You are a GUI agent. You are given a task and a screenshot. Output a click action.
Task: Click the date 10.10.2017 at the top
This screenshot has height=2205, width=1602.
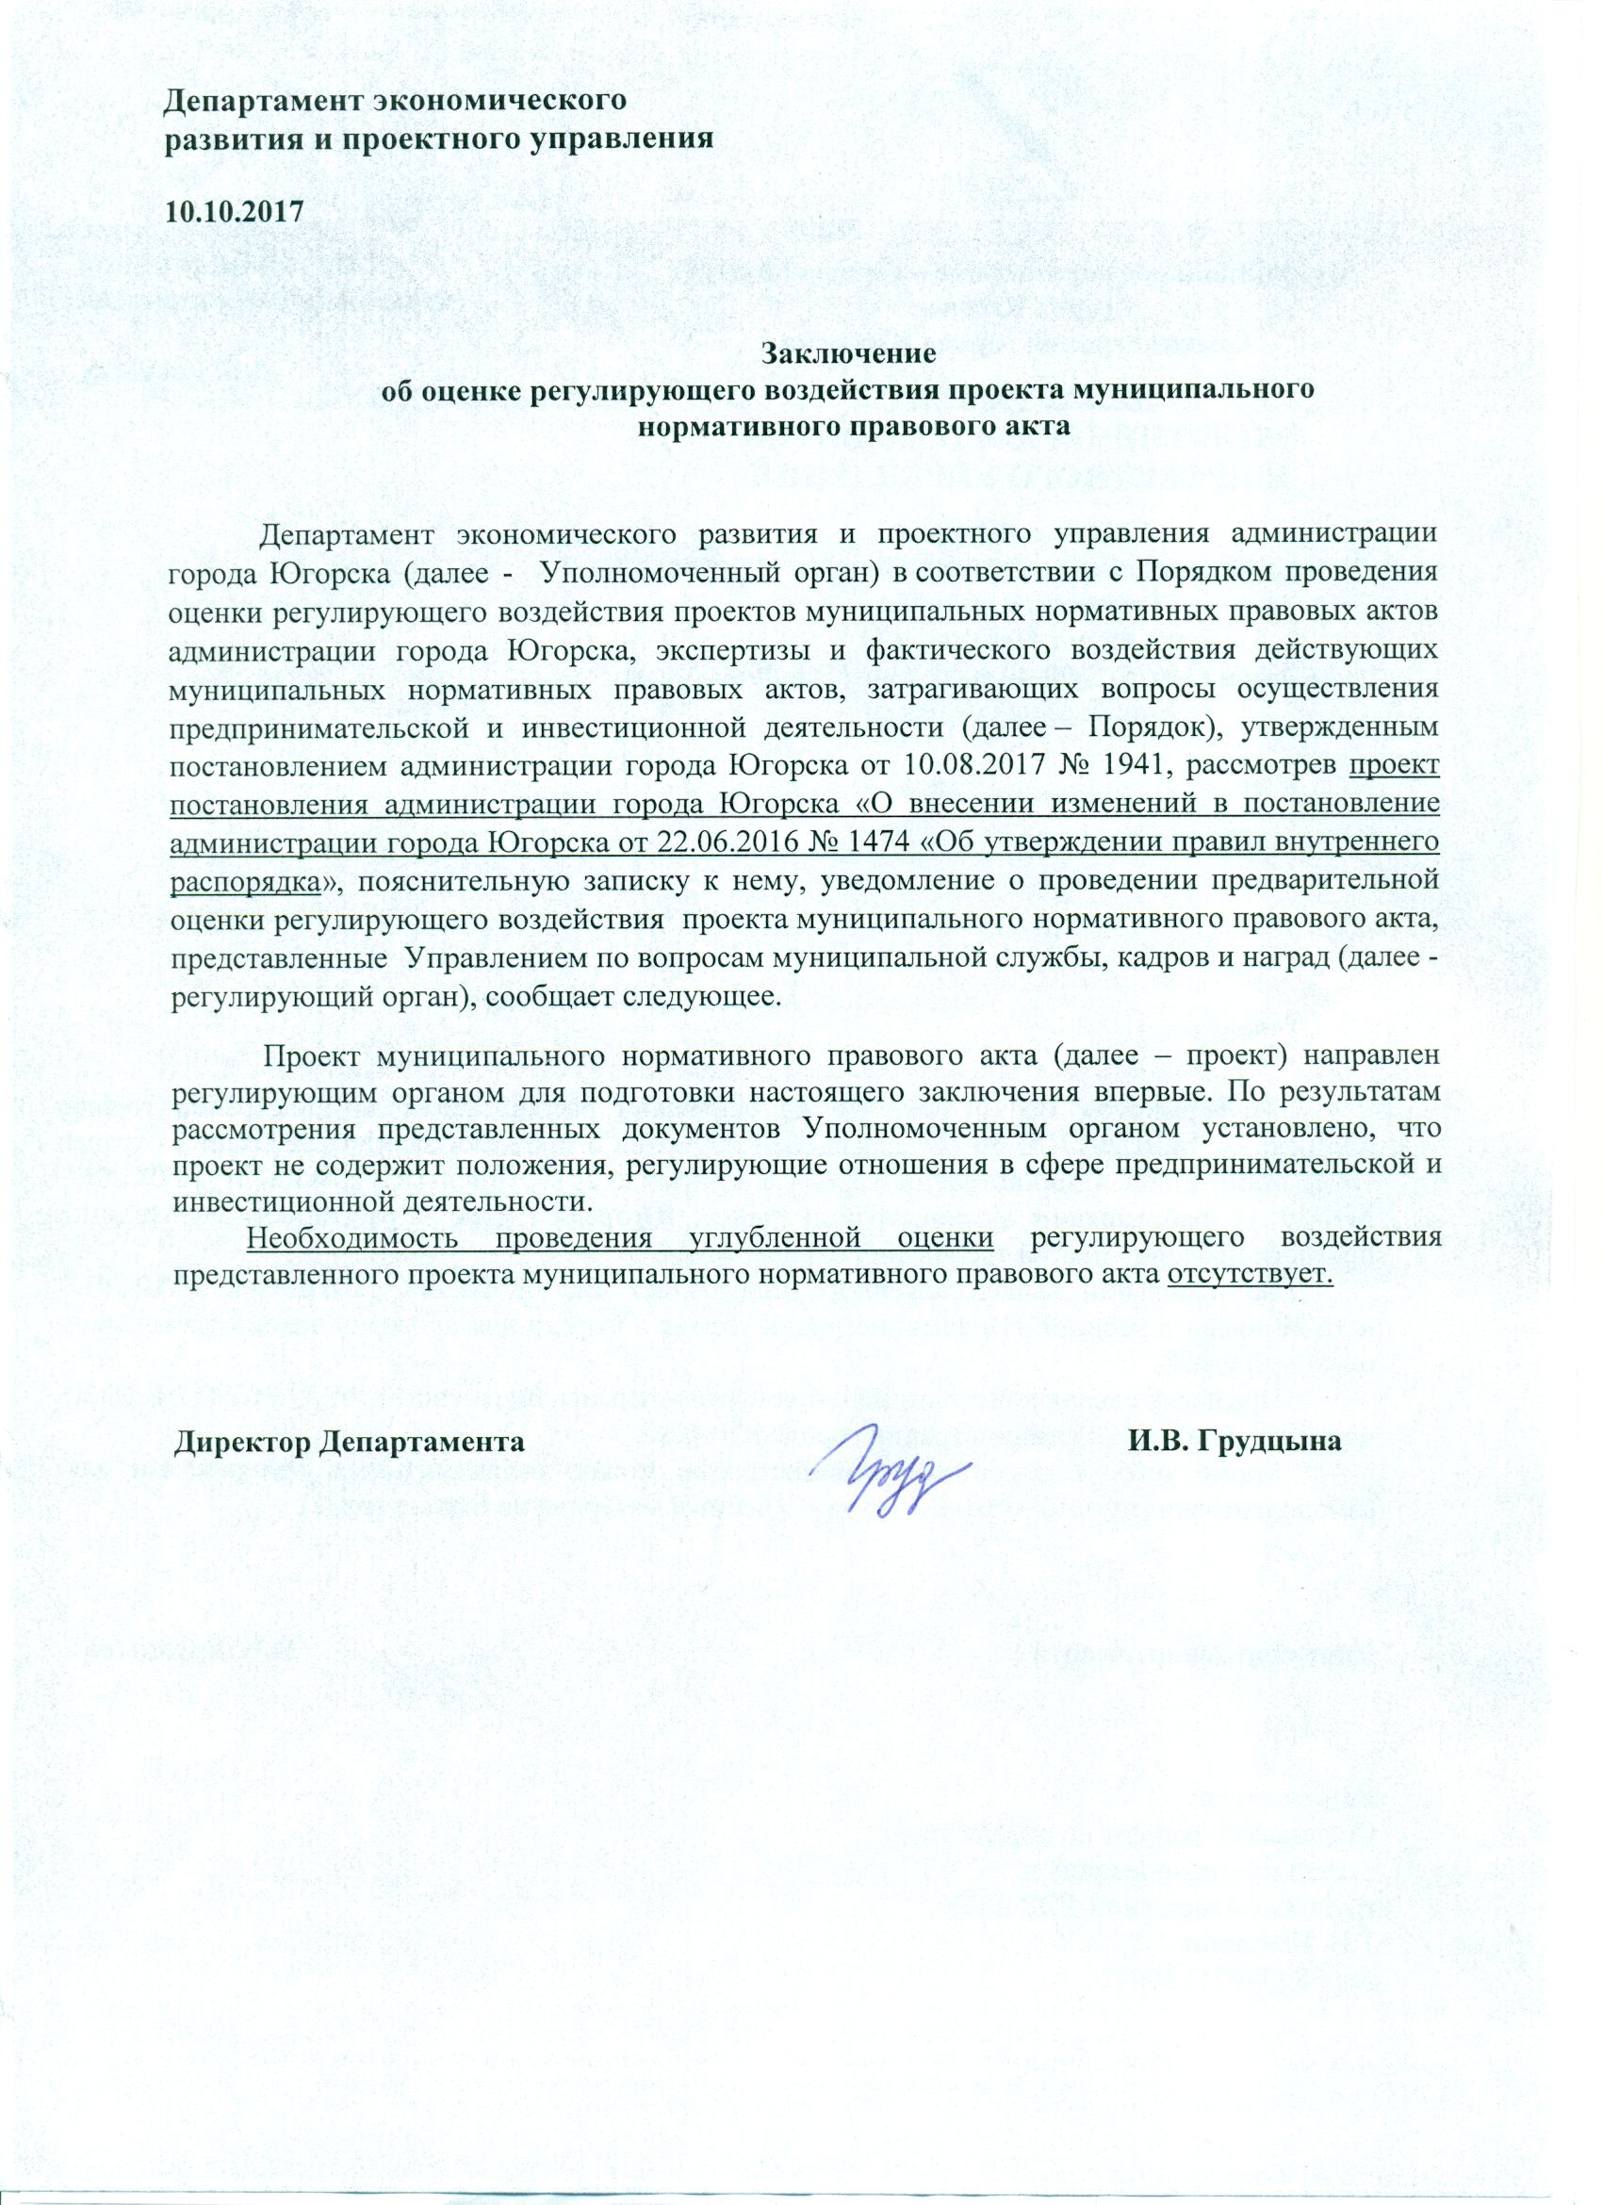(x=234, y=212)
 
